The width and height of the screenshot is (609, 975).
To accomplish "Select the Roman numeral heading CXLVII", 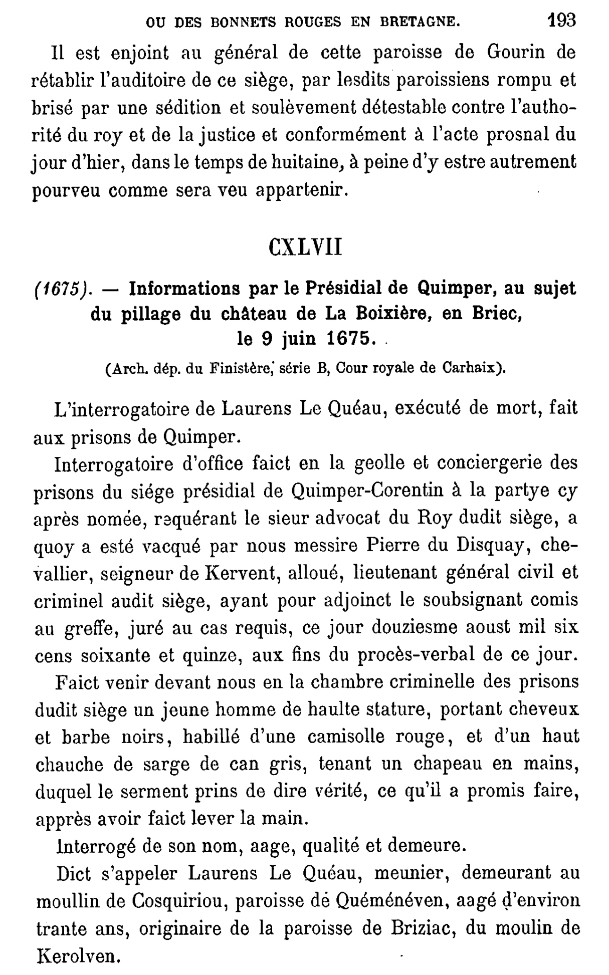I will [305, 247].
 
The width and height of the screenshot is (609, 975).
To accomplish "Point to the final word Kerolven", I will [77, 956].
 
